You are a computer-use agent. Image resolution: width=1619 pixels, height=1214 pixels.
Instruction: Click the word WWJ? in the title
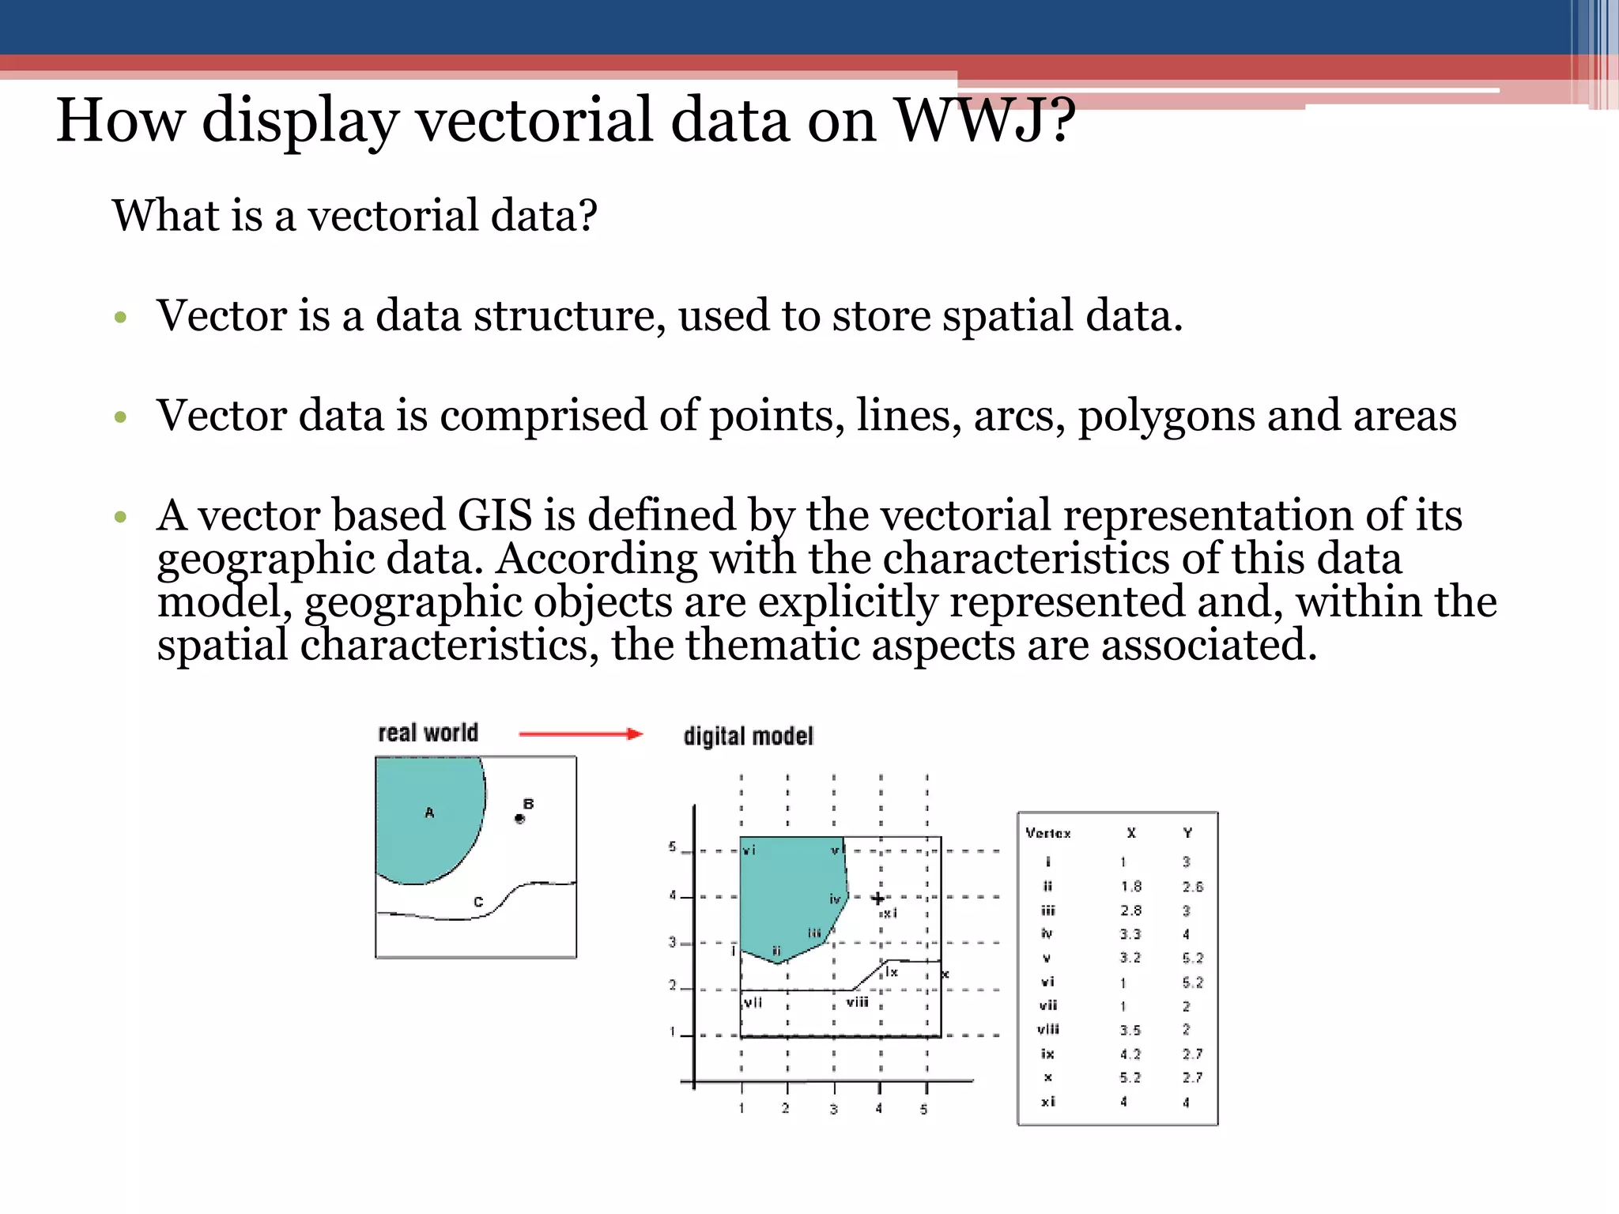coord(984,120)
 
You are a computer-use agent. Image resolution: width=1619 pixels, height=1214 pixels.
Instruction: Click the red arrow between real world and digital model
coord(580,734)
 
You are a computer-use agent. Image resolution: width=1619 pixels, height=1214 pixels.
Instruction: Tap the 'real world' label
coord(428,733)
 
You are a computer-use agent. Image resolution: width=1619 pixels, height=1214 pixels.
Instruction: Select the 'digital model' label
coord(748,736)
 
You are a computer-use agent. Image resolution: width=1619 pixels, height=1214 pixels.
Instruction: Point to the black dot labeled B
coord(519,819)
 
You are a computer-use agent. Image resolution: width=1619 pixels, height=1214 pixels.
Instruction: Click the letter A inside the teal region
coord(429,812)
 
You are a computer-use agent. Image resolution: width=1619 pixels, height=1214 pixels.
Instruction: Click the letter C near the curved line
coord(477,902)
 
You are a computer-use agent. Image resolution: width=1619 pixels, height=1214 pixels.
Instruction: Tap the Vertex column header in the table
coord(1047,833)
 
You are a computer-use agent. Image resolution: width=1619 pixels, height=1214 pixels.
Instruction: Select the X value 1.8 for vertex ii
coord(1130,887)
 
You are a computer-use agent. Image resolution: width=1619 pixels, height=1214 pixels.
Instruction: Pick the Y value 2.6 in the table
coord(1192,887)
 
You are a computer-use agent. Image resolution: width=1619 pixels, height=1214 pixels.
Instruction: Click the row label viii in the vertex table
coord(1047,1029)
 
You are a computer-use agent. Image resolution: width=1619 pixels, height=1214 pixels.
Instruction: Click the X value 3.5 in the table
coord(1130,1030)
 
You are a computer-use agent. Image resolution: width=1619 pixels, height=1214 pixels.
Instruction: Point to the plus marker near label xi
coord(877,899)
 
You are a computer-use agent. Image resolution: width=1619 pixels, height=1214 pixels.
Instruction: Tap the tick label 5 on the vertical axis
coord(672,846)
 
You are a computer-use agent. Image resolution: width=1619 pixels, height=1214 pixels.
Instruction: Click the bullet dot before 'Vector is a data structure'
coord(120,318)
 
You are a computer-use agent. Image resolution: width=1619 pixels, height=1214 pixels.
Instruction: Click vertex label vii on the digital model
coord(753,1002)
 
